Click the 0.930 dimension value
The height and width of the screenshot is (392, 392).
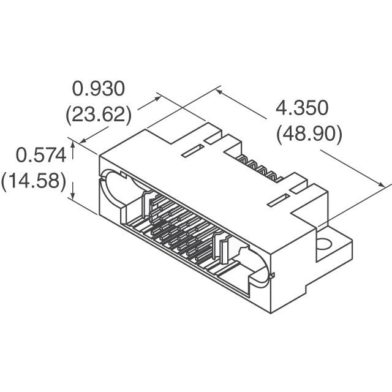(x=99, y=89)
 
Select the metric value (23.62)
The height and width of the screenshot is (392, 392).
(x=99, y=115)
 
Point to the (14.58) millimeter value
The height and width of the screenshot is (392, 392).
(x=34, y=182)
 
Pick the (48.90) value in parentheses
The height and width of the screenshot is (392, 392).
(x=309, y=134)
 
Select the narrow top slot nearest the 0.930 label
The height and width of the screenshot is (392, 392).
(x=193, y=150)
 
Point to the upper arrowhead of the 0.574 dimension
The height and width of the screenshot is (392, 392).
(x=73, y=145)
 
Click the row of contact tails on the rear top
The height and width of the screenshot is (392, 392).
(x=257, y=169)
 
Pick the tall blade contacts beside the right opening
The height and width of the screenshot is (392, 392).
(x=224, y=249)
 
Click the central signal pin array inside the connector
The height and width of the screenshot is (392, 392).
(x=181, y=230)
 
